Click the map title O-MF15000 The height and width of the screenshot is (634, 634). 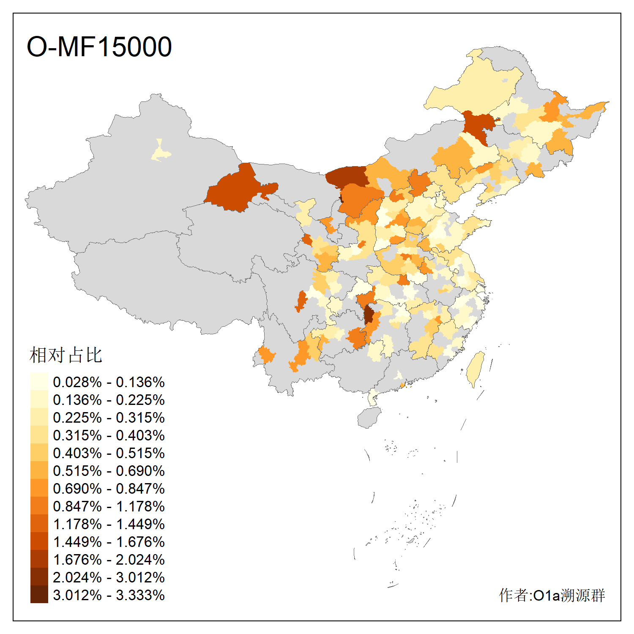99,46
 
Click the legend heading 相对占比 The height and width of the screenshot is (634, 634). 66,355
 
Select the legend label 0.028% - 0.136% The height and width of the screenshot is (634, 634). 109,382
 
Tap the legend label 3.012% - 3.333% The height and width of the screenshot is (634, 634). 109,595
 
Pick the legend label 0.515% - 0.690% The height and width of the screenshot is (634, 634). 109,471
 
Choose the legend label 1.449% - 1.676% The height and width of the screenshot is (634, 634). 109,542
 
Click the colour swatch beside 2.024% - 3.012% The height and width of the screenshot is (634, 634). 39,577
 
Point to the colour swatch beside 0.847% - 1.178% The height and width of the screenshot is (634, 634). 39,506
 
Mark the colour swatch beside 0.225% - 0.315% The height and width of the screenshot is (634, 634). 39,418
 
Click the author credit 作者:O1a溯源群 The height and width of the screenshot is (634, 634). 552,595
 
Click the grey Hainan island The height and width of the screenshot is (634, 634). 369,418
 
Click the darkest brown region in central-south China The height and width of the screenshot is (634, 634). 369,315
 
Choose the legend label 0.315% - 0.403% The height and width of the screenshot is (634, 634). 109,435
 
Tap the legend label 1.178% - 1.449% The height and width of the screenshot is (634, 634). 109,524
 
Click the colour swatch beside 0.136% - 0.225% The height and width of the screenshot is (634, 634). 39,400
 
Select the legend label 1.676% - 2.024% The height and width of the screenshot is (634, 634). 109,560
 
